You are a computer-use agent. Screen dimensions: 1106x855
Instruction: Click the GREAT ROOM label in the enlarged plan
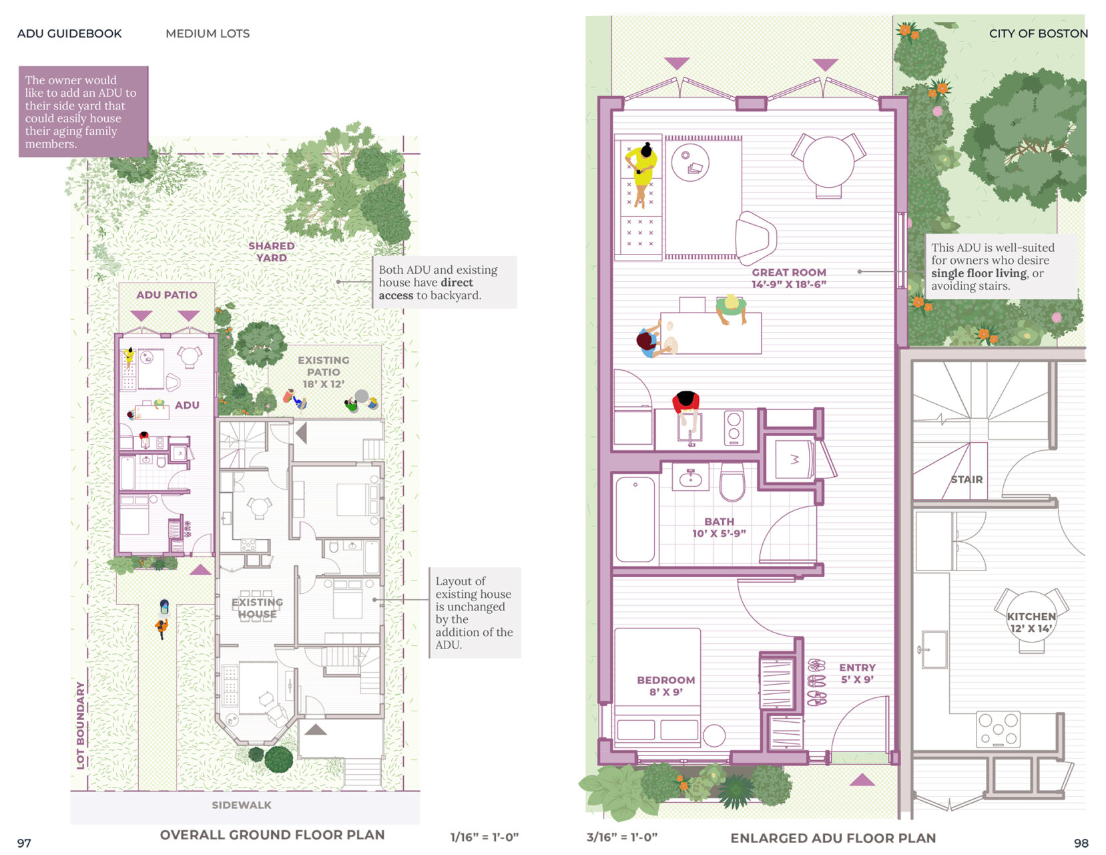(x=789, y=278)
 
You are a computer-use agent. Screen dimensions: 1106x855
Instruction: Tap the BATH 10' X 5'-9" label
(x=719, y=527)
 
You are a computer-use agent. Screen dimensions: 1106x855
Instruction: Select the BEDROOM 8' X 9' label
(x=665, y=685)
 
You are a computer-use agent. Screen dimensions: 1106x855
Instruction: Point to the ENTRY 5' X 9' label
(x=857, y=673)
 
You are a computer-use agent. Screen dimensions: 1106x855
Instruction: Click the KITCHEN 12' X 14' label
(x=1031, y=622)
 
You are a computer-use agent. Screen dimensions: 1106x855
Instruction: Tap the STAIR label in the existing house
(x=966, y=479)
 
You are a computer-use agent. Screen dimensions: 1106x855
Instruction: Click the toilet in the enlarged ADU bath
(x=732, y=482)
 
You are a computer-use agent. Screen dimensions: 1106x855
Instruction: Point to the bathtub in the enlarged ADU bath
(x=635, y=520)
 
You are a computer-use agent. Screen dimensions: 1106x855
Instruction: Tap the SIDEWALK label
(x=241, y=805)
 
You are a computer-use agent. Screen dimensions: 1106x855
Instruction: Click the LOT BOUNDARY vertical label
(x=80, y=725)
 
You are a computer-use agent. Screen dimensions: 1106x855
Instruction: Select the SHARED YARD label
(x=271, y=252)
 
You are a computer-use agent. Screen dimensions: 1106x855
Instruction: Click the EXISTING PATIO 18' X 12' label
(x=323, y=372)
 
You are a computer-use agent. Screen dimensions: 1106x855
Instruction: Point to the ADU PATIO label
(x=166, y=295)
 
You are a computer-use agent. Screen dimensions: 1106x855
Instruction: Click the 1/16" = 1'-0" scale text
(x=484, y=837)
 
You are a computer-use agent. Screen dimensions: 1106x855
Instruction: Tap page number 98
(x=1081, y=843)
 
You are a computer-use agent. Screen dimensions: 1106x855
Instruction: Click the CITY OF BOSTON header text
(x=1039, y=33)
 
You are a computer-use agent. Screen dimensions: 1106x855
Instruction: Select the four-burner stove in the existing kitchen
(x=998, y=729)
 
